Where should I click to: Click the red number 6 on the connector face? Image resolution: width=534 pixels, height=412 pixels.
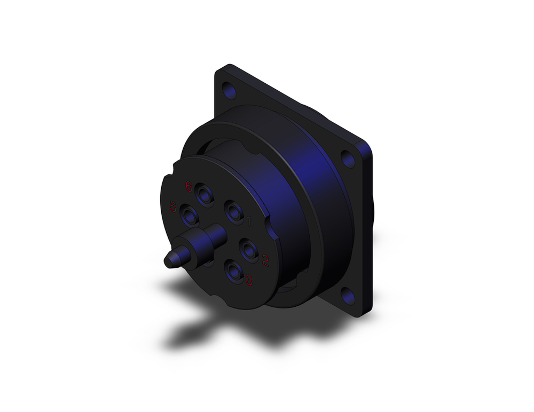(x=189, y=186)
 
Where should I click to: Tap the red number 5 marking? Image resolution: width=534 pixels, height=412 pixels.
(x=173, y=207)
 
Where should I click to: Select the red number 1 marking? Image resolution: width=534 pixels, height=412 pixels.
(x=249, y=219)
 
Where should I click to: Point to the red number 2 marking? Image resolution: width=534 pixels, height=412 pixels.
(x=265, y=259)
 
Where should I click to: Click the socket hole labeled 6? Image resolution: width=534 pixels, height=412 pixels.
(x=204, y=194)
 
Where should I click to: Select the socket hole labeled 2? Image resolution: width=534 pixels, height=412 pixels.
(x=249, y=249)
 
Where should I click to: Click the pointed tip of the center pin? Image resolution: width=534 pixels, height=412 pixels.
(x=168, y=261)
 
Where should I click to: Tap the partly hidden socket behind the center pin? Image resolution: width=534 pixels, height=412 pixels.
(x=209, y=262)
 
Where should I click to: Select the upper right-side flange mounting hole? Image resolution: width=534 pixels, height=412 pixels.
(x=348, y=159)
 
